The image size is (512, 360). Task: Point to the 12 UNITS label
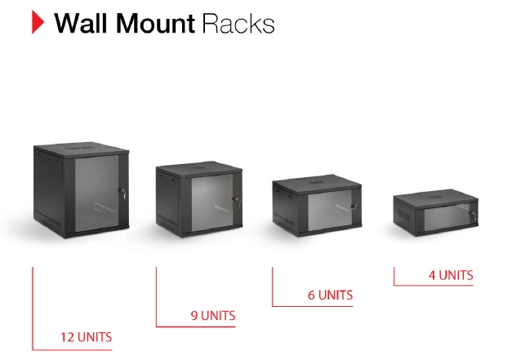tap(87, 336)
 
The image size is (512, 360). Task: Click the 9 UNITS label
tap(212, 315)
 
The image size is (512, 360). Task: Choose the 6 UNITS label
tap(330, 295)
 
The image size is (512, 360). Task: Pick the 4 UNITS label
tap(450, 275)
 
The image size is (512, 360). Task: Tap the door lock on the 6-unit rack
tap(353, 204)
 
